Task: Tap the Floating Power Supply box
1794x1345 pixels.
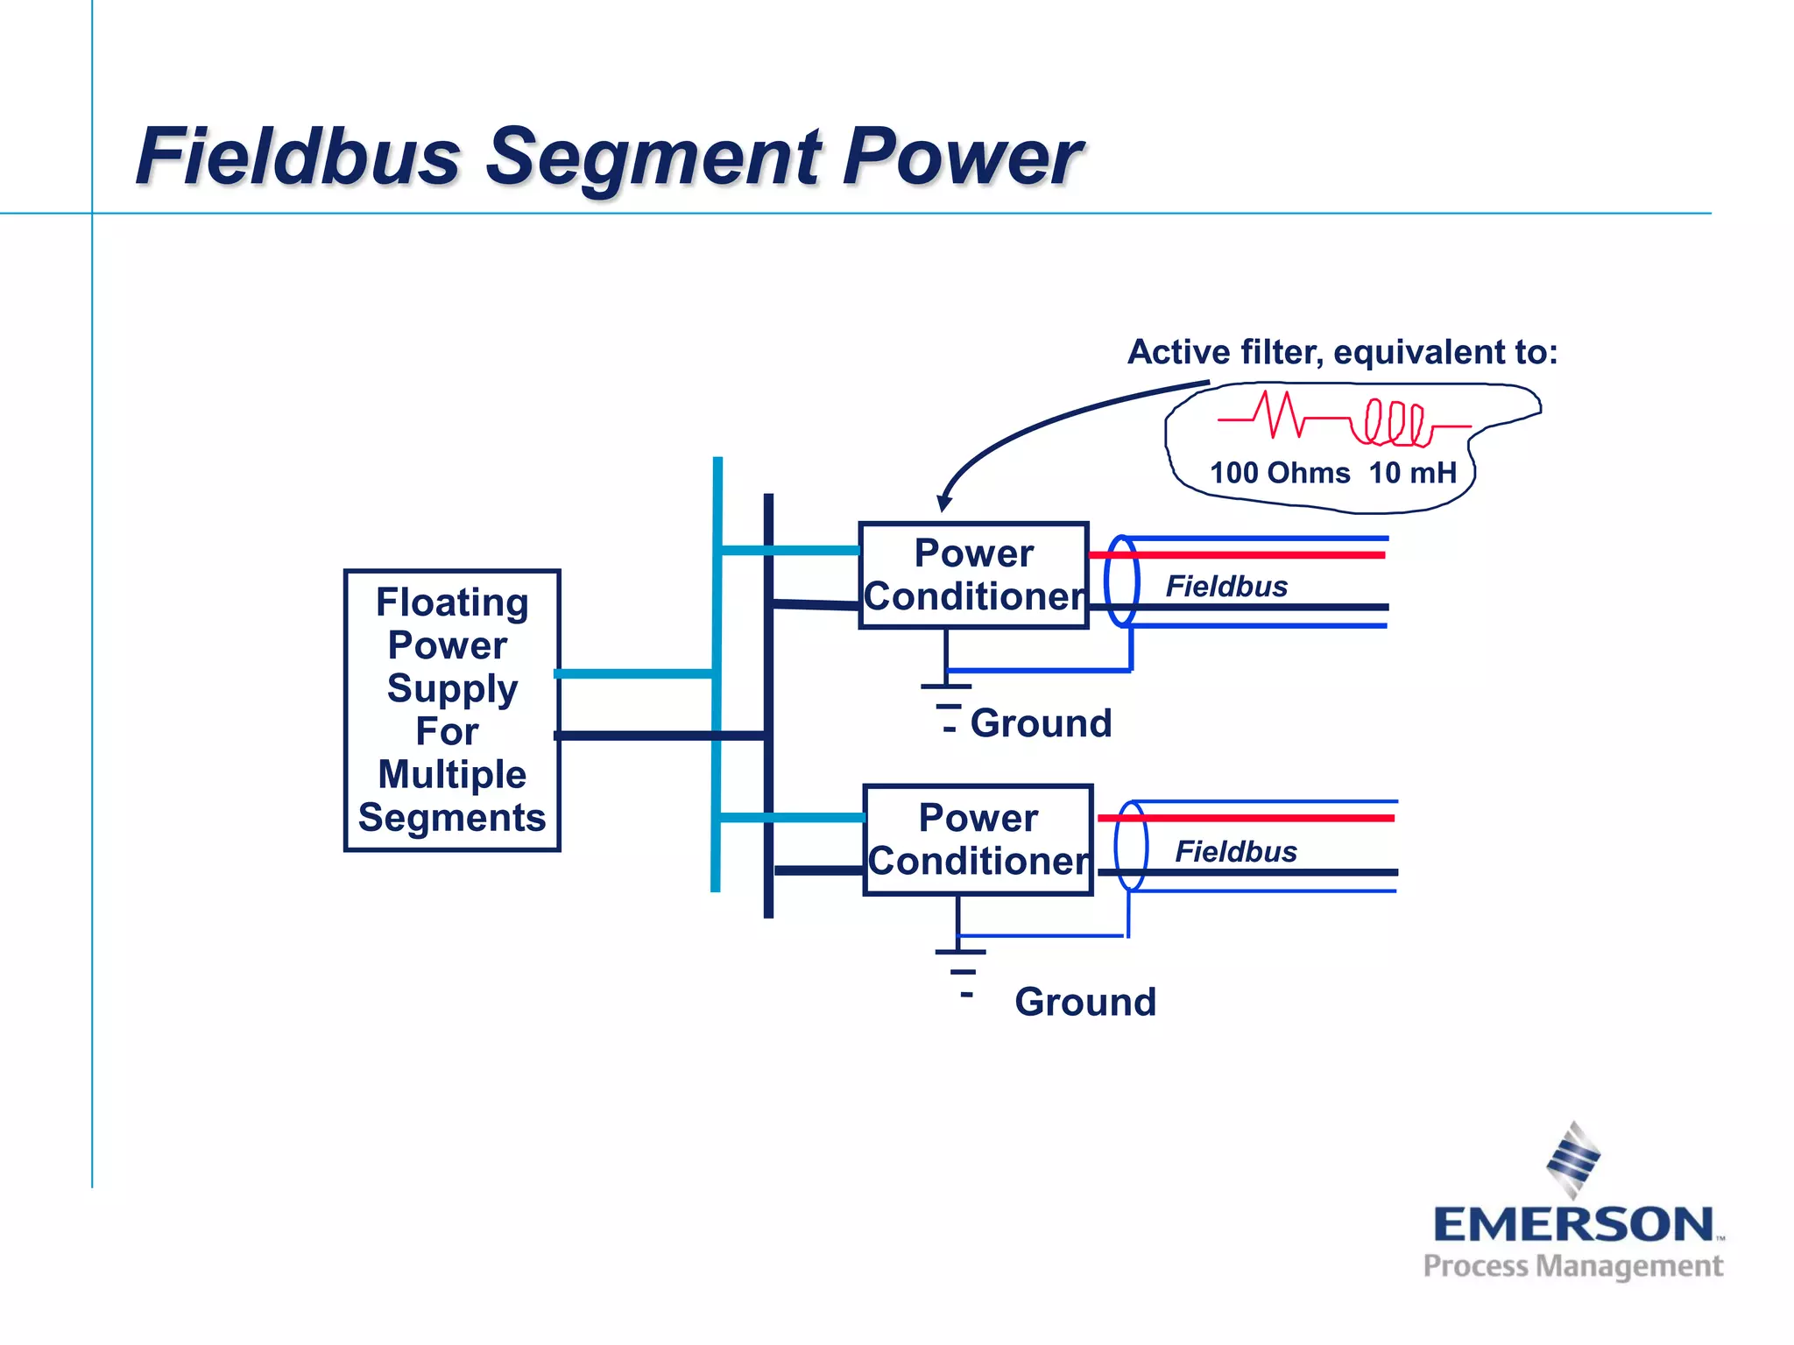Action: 452,710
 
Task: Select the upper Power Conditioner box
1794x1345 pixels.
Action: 973,575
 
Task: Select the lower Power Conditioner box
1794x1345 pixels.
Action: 978,840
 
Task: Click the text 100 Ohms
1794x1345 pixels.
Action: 1279,473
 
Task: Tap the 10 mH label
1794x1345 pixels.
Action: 1412,473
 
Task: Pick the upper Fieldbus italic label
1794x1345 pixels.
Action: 1226,586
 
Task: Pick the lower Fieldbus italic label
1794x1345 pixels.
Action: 1235,851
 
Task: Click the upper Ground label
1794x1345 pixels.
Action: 1041,723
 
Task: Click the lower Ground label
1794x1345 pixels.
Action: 1084,1002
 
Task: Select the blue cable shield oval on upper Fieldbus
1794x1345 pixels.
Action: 1121,581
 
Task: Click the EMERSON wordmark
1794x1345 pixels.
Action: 1573,1224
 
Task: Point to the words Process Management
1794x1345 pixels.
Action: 1572,1266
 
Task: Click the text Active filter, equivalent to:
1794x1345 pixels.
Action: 1342,352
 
